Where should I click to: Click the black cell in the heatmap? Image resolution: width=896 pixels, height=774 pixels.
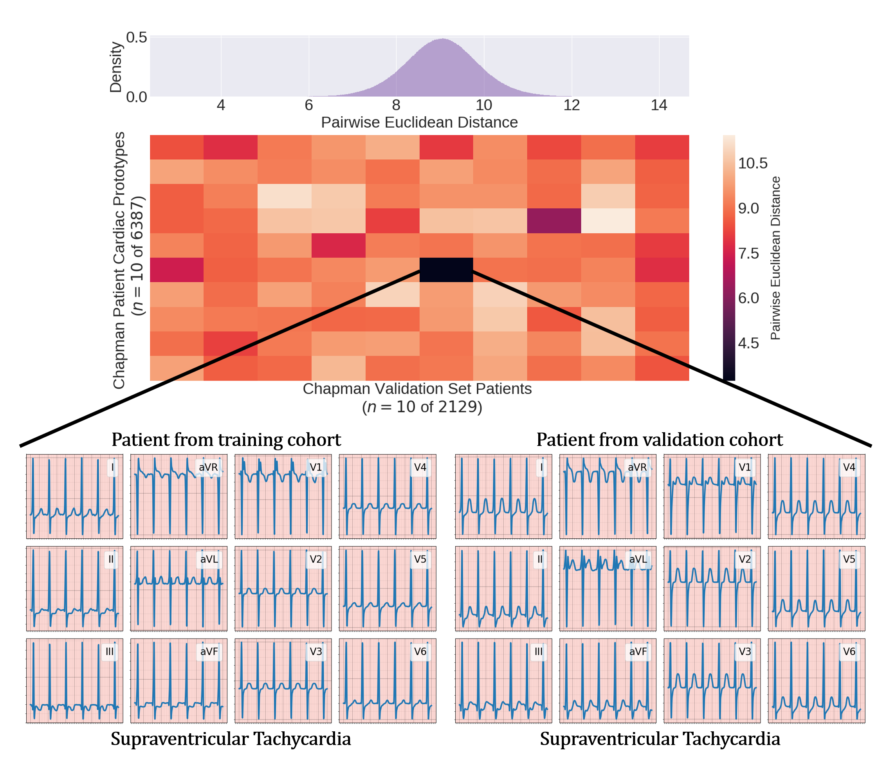click(446, 270)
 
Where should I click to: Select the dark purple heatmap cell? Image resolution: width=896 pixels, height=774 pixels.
click(553, 220)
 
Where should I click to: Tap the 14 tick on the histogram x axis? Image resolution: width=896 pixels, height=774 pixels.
click(659, 105)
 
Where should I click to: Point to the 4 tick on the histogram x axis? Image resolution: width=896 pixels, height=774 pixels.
click(221, 105)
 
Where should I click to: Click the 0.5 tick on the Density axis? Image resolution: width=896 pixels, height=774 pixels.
click(136, 38)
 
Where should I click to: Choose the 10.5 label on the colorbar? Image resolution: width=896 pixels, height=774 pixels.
click(752, 163)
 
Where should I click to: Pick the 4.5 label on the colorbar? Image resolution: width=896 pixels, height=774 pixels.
click(748, 343)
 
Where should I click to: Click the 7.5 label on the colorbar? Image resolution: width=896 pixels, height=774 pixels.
click(748, 253)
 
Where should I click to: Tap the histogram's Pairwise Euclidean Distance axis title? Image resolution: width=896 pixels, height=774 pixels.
click(419, 123)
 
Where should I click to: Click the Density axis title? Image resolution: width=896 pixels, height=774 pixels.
click(115, 67)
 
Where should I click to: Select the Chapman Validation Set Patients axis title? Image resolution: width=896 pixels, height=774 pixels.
click(417, 389)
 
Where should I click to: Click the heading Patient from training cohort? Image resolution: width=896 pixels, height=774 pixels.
click(226, 440)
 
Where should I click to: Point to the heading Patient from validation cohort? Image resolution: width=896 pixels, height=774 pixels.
click(660, 440)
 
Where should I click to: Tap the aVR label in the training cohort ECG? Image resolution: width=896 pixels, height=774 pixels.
click(208, 467)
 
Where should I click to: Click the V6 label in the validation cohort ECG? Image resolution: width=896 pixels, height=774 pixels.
click(849, 651)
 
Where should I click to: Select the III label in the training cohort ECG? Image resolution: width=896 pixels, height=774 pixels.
click(110, 651)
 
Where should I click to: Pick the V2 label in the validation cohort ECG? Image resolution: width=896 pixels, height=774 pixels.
click(745, 559)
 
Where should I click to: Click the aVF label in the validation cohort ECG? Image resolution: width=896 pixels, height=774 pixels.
click(638, 651)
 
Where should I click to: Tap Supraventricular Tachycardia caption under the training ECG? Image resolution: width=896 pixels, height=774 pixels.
click(231, 739)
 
